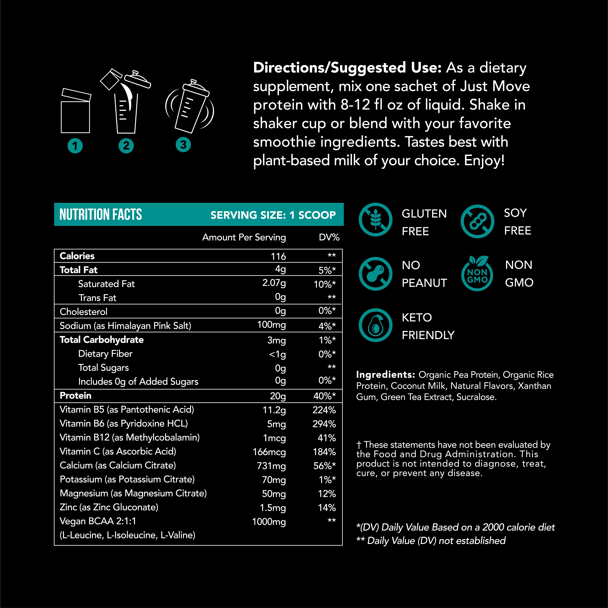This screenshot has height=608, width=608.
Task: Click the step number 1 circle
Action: [75, 146]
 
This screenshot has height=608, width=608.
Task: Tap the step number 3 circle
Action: [183, 145]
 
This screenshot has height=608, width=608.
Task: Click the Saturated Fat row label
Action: [106, 284]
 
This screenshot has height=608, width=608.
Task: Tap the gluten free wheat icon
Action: [375, 220]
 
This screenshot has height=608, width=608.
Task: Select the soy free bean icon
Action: [477, 221]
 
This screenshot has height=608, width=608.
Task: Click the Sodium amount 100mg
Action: [271, 325]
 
